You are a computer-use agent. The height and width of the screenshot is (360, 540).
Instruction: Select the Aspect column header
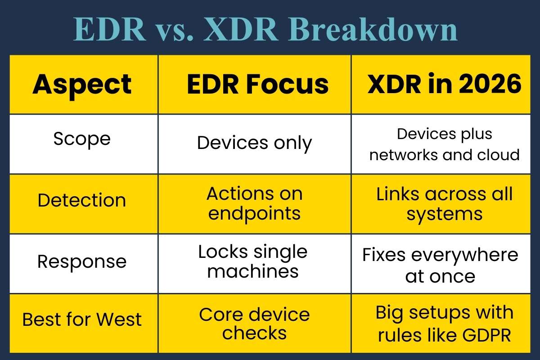point(82,84)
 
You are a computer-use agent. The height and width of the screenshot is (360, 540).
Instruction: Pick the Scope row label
point(82,139)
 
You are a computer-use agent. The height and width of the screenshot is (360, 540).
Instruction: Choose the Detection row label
point(82,200)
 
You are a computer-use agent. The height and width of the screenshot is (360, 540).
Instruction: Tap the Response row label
point(82,261)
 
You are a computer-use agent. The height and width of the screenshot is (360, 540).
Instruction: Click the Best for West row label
point(82,320)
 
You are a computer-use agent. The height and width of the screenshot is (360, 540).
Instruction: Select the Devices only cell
point(255,144)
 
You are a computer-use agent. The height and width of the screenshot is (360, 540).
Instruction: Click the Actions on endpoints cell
point(255,203)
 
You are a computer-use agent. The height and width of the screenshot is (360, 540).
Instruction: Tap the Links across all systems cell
point(445,203)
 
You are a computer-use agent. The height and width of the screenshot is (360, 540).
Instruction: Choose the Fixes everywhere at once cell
point(441,265)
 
